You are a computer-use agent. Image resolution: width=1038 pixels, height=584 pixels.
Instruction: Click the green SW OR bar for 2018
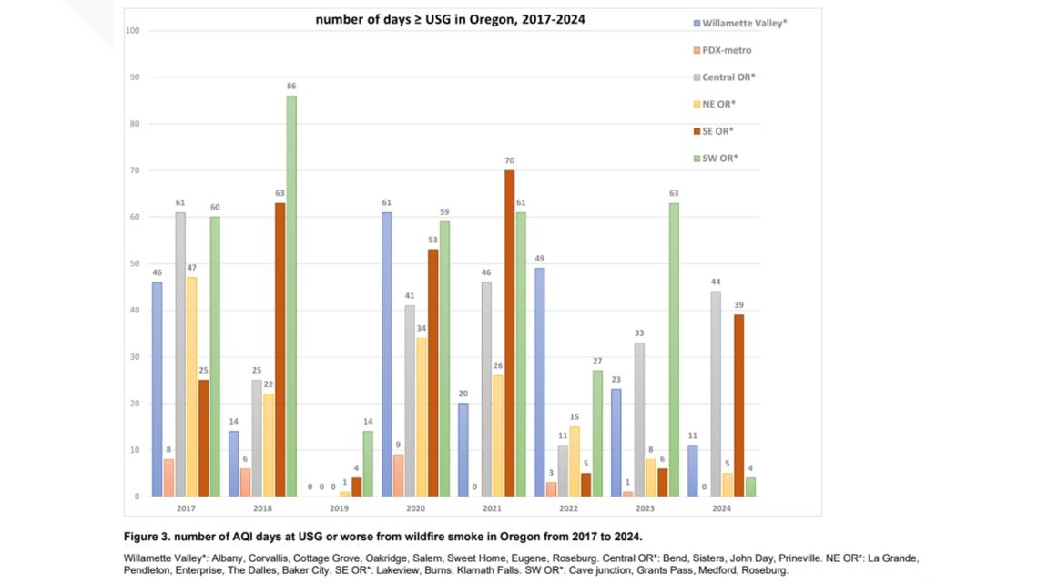[291, 296]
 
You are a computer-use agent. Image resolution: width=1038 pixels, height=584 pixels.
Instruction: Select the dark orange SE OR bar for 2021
[509, 333]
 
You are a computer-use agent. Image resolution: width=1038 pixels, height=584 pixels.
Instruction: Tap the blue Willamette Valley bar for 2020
[387, 354]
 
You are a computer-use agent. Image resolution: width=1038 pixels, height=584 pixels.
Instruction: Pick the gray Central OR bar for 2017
[180, 354]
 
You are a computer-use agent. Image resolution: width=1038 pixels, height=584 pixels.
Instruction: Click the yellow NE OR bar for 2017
[192, 386]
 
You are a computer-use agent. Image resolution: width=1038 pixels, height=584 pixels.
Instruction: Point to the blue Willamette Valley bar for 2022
[540, 382]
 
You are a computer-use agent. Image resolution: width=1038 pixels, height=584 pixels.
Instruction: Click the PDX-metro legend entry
[727, 50]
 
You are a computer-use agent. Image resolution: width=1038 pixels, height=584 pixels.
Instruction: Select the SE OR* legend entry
[719, 131]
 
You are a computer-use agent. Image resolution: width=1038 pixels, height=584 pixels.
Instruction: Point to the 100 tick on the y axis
[132, 31]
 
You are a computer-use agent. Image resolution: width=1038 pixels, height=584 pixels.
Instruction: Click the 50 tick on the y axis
[133, 263]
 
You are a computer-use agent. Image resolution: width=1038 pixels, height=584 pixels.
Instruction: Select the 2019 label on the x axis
[339, 508]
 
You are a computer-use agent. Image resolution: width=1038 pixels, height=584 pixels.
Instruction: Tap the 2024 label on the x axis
[721, 508]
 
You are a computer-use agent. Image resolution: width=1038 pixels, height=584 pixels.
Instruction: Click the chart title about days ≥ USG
[450, 18]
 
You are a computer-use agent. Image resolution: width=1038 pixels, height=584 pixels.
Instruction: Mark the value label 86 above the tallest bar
[291, 87]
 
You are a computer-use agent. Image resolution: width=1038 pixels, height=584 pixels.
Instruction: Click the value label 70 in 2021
[509, 161]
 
